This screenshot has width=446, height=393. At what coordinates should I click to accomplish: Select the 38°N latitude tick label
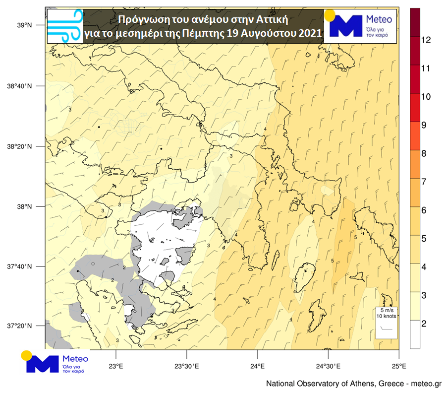25,206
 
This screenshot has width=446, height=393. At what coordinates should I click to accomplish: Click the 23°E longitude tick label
115,367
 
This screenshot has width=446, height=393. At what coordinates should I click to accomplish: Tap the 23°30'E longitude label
186,367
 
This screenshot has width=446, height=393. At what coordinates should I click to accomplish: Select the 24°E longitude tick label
257,367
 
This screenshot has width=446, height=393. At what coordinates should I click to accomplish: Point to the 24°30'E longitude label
328,367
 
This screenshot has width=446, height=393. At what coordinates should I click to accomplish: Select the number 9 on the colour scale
424,125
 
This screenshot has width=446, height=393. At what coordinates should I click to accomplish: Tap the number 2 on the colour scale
424,324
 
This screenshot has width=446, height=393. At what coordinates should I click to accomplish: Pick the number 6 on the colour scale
424,210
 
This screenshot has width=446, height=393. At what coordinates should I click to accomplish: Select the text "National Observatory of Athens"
320,384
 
